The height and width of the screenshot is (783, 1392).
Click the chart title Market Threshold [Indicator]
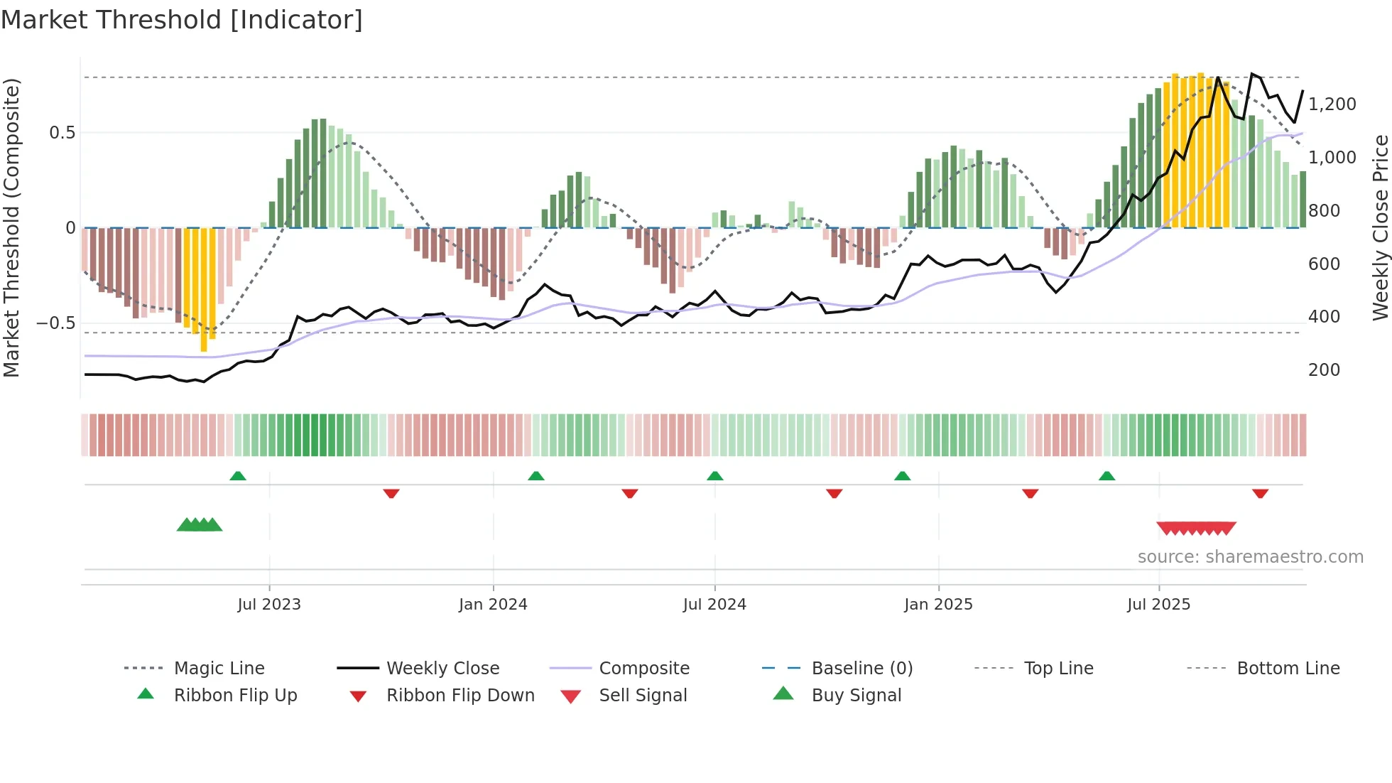[x=182, y=20]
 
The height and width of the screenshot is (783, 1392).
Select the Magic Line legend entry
[x=219, y=669]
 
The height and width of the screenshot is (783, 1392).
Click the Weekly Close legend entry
[x=442, y=669]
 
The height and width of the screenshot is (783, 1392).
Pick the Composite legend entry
[x=644, y=669]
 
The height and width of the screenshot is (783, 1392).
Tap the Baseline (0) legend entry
[x=861, y=669]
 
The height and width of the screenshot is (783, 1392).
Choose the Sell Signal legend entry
[x=643, y=696]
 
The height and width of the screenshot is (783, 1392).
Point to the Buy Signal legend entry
[x=856, y=696]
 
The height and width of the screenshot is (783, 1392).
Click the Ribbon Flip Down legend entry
[x=460, y=696]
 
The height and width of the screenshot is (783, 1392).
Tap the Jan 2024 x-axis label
[x=493, y=605]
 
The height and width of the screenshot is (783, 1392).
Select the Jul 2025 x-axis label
[x=1158, y=605]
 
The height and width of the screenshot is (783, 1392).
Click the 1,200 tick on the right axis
[x=1332, y=104]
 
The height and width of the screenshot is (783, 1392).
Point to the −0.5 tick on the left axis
[x=55, y=323]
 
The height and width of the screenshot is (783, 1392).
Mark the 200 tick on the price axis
[x=1324, y=370]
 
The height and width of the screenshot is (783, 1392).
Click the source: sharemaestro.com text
[x=1250, y=557]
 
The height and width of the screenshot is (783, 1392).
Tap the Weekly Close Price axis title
[x=1380, y=227]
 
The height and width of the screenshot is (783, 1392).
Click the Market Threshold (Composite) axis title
[x=11, y=227]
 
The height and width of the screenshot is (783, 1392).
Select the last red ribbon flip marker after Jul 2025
[x=1261, y=493]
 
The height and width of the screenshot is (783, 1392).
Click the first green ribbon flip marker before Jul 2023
[x=238, y=476]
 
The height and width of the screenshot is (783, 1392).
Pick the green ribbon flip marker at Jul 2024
[x=715, y=476]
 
